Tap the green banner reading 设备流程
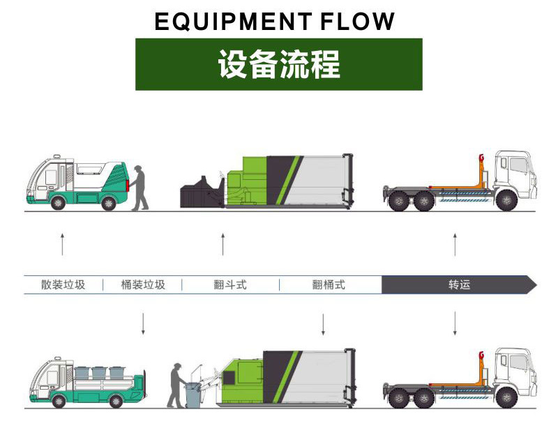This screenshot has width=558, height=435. [278, 64]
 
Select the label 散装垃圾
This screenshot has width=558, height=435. [63, 284]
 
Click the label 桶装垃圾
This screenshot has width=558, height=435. [142, 284]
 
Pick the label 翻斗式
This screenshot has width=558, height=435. [230, 284]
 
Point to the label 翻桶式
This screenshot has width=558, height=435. [329, 284]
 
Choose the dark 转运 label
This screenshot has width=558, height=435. [458, 284]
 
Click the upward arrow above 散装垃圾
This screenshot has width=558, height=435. [62, 245]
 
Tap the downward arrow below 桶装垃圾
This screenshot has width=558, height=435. [143, 323]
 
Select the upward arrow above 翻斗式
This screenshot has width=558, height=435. [223, 245]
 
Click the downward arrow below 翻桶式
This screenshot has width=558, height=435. [323, 323]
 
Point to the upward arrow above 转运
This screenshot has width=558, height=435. [455, 245]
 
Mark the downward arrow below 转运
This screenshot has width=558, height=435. [455, 323]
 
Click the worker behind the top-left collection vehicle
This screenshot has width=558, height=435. [140, 188]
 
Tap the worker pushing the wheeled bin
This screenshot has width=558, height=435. [176, 385]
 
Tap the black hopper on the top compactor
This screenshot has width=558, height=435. [201, 192]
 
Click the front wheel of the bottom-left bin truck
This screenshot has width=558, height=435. [59, 401]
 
